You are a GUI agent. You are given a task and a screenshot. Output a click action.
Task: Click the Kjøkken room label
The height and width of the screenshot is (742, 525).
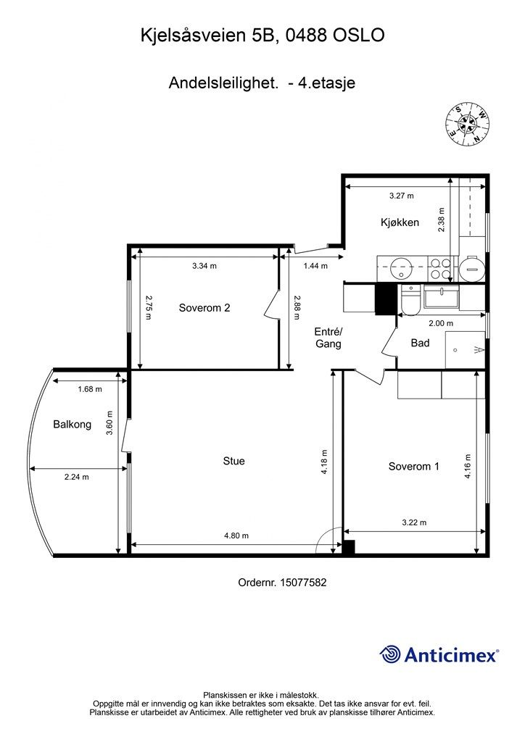[400, 222]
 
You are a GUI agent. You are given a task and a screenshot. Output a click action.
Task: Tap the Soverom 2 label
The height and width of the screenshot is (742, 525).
[204, 308]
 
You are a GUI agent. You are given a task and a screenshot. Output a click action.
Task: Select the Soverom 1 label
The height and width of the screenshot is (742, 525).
[414, 467]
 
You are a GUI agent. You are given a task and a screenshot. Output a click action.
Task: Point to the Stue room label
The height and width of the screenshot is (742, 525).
[234, 461]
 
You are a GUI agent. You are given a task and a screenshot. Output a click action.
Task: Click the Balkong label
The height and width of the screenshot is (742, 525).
[72, 425]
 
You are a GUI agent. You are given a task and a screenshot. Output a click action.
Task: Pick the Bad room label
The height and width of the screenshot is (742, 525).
[420, 343]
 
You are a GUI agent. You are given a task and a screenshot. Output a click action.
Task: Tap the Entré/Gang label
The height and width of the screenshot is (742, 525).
[328, 338]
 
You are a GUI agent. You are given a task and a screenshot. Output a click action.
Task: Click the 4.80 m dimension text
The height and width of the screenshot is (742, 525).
[236, 535]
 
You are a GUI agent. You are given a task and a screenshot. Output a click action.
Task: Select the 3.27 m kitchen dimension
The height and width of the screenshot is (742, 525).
[402, 196]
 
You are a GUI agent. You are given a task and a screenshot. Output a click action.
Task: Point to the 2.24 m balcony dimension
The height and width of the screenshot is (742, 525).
[77, 477]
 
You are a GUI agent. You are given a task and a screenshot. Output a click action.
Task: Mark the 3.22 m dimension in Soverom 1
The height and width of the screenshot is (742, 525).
[414, 522]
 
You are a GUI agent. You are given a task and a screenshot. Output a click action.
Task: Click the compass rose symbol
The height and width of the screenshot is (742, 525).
[468, 125]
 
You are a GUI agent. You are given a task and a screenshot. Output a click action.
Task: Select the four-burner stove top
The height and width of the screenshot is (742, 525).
[439, 268]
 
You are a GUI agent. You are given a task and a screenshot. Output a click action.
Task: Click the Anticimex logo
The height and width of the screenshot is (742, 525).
[439, 654]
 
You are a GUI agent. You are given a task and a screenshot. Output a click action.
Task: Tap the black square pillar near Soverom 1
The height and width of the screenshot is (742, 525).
[349, 547]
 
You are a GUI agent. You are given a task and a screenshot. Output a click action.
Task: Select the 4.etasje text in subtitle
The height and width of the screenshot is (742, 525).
[326, 83]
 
